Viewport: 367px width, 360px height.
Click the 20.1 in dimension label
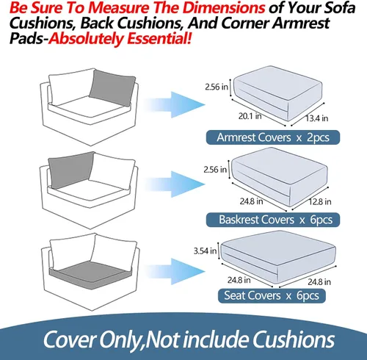click(x=250, y=116)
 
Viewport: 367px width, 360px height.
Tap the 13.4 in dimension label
click(x=317, y=118)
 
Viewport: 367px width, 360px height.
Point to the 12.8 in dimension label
click(x=320, y=201)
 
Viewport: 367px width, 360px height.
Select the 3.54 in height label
click(x=205, y=251)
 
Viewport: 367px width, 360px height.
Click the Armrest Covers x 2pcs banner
click(x=273, y=137)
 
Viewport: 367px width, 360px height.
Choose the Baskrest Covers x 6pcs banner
click(x=273, y=220)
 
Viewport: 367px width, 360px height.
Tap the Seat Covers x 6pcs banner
click(x=272, y=295)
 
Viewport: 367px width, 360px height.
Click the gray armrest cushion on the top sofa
click(x=112, y=87)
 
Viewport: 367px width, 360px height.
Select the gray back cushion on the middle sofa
click(x=71, y=170)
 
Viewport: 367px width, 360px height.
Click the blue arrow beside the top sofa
click(x=175, y=104)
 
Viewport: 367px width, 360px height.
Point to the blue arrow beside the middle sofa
click(x=175, y=184)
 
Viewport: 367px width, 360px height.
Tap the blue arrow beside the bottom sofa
click(x=175, y=271)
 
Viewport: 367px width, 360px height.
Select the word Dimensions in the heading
click(x=224, y=7)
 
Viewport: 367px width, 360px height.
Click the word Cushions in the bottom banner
click(x=294, y=339)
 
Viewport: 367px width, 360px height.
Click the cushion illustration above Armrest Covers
click(x=277, y=93)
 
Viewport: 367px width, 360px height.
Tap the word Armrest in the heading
click(x=301, y=23)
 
